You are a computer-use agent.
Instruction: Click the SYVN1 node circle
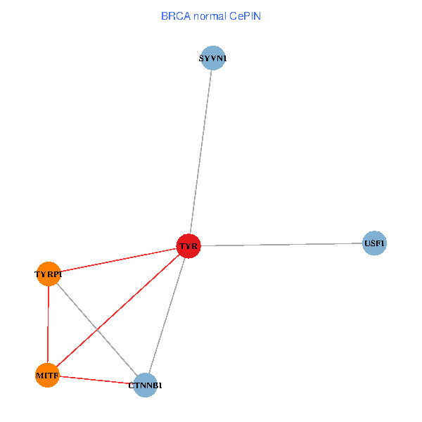pyautogui.click(x=212, y=58)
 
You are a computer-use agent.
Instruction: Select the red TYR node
pyautogui.click(x=188, y=245)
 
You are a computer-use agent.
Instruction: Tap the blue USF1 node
pyautogui.click(x=374, y=243)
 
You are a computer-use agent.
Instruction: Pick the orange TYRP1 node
pyautogui.click(x=49, y=273)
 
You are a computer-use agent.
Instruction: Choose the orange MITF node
pyautogui.click(x=47, y=376)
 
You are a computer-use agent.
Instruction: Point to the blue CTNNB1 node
pyautogui.click(x=145, y=385)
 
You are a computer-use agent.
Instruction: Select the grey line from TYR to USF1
pyautogui.click(x=281, y=244)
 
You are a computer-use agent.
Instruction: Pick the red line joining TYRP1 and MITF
pyautogui.click(x=48, y=324)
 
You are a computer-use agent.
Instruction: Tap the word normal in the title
pyautogui.click(x=209, y=15)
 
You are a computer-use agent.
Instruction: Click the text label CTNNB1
pyautogui.click(x=146, y=385)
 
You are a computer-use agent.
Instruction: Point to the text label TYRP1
pyautogui.click(x=49, y=274)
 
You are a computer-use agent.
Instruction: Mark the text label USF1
pyautogui.click(x=375, y=244)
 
